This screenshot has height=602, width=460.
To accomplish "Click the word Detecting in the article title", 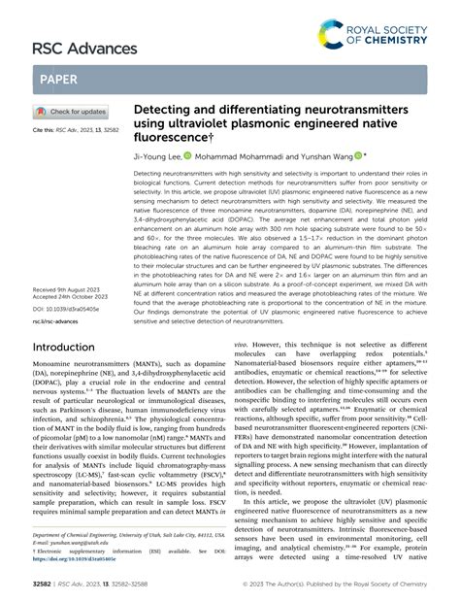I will tap(167, 112).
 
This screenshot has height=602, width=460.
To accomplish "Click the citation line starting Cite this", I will tap(73, 129).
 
